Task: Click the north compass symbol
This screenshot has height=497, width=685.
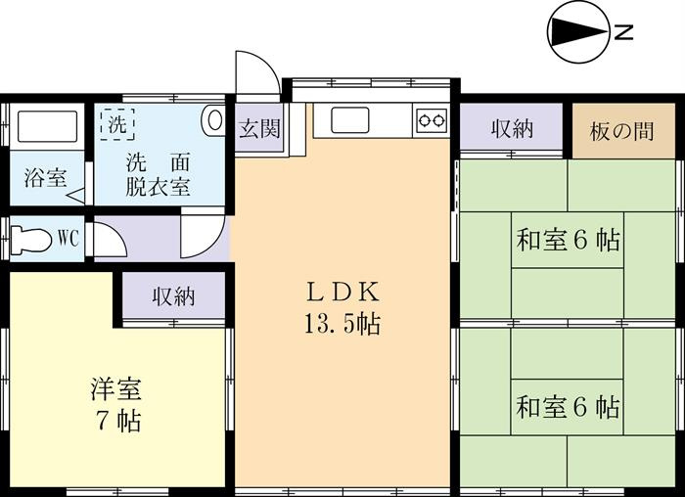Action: [x=578, y=32]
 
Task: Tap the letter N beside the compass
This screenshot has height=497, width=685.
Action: [x=624, y=32]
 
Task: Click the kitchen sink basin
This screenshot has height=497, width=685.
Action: [x=350, y=120]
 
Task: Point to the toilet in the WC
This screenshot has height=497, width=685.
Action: [x=30, y=239]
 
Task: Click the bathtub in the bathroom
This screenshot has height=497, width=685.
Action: [x=48, y=126]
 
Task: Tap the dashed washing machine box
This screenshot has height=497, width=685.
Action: [x=117, y=124]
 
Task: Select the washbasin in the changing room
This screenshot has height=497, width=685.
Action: [x=213, y=120]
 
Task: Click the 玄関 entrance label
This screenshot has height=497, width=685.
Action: [x=259, y=129]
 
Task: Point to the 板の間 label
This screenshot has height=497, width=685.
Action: [x=621, y=131]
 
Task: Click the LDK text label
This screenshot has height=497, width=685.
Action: [x=342, y=293]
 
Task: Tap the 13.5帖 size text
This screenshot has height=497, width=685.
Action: [x=342, y=324]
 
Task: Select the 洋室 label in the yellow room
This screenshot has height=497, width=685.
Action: [x=116, y=389]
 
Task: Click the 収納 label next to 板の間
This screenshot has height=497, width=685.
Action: [x=512, y=129]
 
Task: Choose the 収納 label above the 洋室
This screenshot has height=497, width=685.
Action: [x=173, y=297]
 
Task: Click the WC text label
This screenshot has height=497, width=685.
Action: [x=68, y=239]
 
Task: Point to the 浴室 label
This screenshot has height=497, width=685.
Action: [x=45, y=178]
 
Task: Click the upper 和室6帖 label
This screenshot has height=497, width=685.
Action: [x=568, y=240]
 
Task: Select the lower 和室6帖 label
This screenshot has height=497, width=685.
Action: [x=568, y=407]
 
